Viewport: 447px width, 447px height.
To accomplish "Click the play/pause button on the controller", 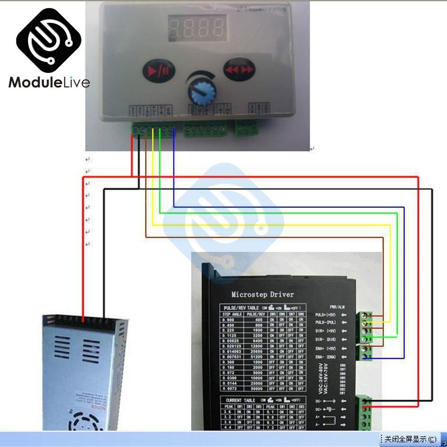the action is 159,71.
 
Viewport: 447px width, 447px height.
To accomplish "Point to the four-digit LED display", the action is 197,28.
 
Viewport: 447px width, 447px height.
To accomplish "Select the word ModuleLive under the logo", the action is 49,82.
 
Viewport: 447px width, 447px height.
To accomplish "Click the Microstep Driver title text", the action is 262,295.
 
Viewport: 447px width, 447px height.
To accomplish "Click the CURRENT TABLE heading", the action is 240,400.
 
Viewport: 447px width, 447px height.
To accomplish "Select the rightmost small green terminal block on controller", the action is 247,129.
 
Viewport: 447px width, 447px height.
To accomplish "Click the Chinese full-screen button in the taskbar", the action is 408,439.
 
